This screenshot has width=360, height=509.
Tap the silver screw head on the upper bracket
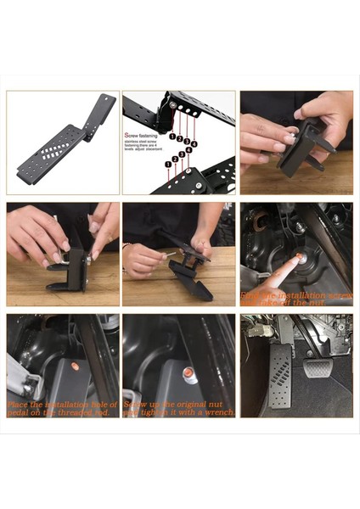click(173, 104)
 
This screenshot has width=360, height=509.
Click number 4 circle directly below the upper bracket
click(194, 144)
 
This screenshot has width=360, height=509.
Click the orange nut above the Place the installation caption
click(75, 367)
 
